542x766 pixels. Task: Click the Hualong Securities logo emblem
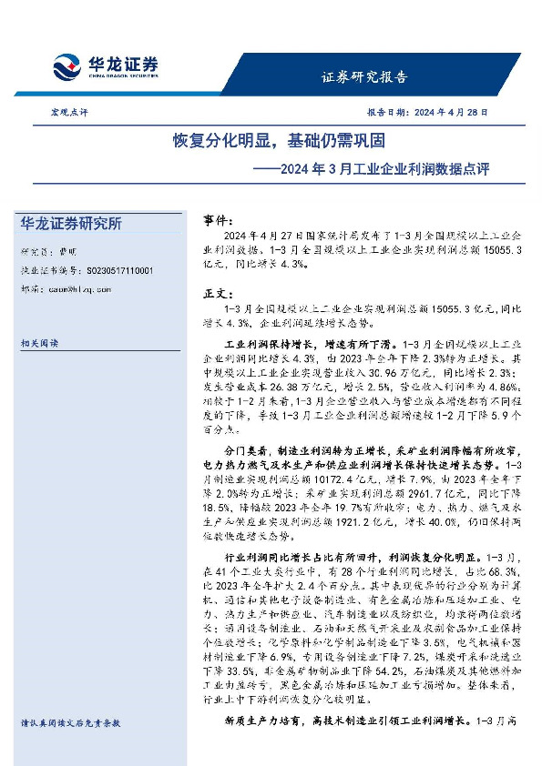[x=67, y=66]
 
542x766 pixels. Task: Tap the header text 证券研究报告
[x=364, y=76]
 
